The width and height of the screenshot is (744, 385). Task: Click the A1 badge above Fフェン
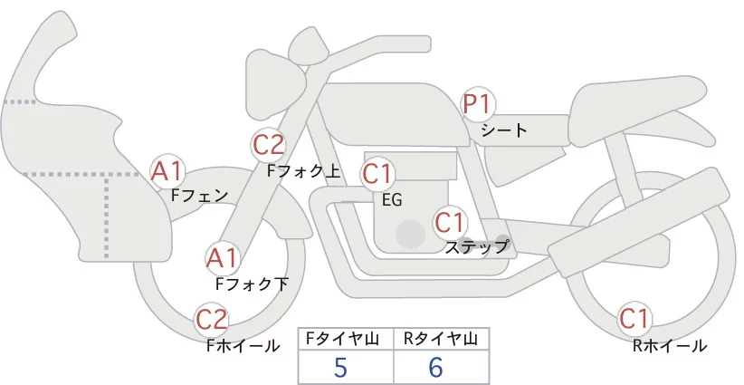point(167,169)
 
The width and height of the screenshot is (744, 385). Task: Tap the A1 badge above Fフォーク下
point(222,258)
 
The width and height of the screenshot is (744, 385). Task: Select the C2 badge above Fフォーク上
point(268,144)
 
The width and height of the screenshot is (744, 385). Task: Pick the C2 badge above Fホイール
point(212,319)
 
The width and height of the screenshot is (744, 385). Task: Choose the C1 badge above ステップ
point(449,221)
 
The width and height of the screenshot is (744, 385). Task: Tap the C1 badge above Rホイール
point(634,319)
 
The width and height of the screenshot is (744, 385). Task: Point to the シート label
point(504,130)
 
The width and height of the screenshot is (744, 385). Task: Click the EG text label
point(392,199)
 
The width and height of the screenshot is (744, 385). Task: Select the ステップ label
point(477,245)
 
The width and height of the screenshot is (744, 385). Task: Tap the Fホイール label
point(243,345)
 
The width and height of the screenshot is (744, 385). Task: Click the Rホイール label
point(670,345)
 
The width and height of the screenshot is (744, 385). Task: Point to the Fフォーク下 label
point(252,284)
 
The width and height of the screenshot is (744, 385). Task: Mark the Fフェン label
point(199,194)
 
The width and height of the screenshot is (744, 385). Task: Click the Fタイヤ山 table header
point(346,340)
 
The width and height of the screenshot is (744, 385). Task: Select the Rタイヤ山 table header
point(441,340)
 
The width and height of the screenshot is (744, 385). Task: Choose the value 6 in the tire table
point(435,368)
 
